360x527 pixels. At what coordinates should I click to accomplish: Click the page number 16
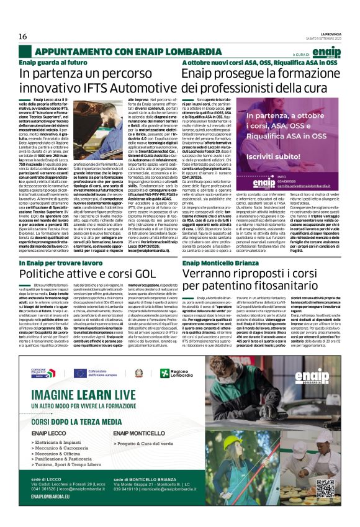[x=22, y=37]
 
